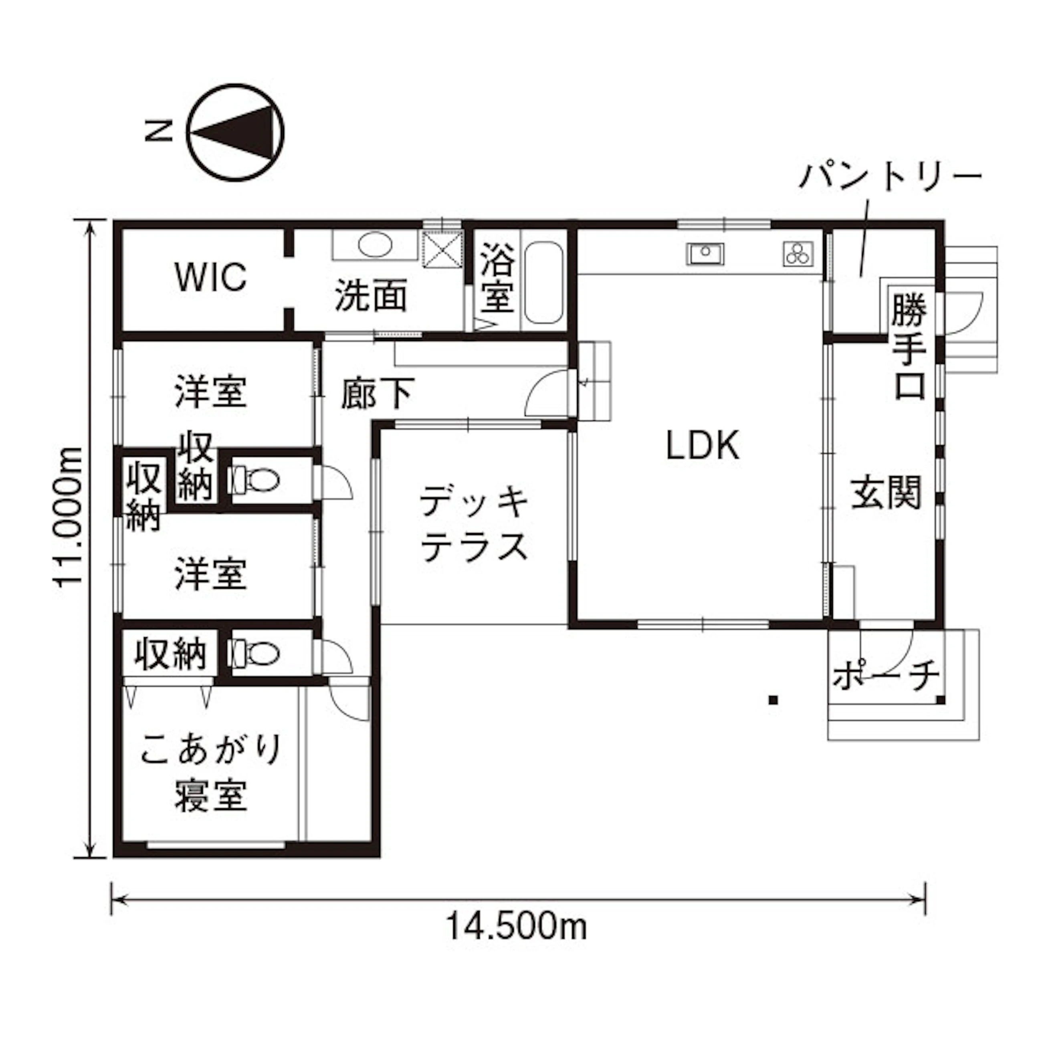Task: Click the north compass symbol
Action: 236,132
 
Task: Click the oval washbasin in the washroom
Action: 376,245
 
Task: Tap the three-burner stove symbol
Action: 799,253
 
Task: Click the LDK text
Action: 703,446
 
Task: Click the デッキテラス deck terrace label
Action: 474,523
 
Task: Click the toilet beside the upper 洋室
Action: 254,479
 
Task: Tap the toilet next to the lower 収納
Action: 254,653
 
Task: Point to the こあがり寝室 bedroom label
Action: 211,772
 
